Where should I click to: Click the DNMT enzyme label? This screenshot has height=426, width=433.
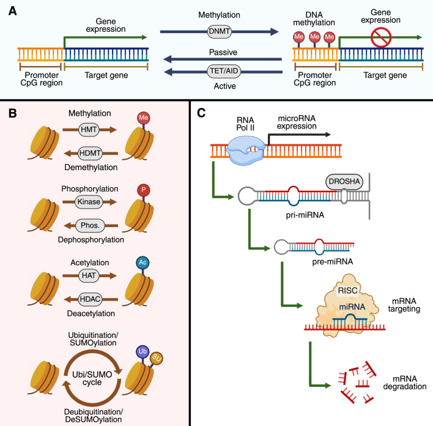(220, 31)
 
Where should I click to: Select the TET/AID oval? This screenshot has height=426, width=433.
(224, 71)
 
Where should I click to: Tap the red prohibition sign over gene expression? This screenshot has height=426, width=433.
(381, 37)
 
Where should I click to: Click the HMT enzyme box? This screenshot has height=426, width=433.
(89, 130)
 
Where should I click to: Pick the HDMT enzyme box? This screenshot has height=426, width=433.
(90, 153)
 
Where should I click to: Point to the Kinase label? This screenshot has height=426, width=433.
(89, 202)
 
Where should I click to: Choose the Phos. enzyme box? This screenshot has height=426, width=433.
(90, 226)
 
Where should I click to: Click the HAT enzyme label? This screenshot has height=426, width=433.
(89, 275)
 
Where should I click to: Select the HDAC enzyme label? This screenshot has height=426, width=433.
(90, 299)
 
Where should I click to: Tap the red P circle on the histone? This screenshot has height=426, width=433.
(143, 190)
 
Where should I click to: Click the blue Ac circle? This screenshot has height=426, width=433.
(142, 263)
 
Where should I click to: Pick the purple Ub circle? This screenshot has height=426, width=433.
(142, 352)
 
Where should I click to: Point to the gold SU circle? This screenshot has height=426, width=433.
(157, 359)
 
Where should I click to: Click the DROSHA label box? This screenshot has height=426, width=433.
(344, 182)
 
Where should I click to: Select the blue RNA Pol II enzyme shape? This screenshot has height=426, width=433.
(245, 151)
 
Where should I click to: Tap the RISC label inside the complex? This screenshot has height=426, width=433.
(347, 291)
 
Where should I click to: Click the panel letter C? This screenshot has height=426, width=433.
(201, 113)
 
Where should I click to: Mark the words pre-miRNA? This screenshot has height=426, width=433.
(333, 261)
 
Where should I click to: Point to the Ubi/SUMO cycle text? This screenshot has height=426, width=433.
(92, 378)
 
